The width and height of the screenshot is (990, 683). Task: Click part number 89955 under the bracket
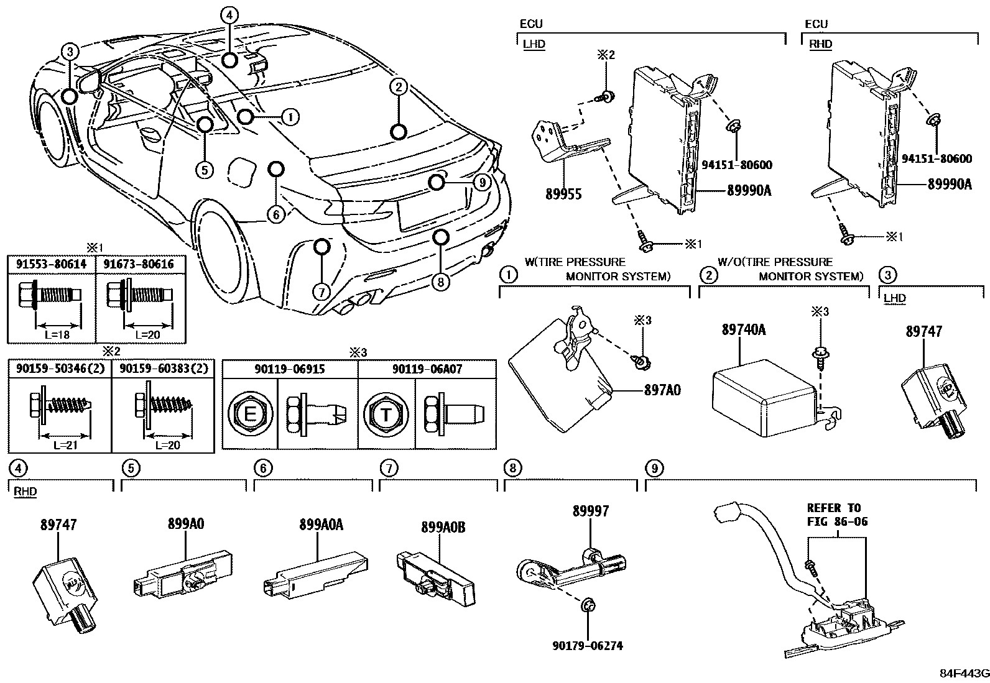(x=563, y=194)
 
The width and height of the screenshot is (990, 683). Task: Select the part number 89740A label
(x=743, y=330)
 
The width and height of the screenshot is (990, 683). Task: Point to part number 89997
(x=591, y=511)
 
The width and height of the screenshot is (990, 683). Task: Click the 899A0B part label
(x=443, y=527)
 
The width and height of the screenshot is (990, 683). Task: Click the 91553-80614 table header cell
(x=52, y=264)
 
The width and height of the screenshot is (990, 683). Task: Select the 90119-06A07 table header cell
(x=427, y=369)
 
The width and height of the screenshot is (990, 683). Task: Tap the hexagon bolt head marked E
(x=249, y=413)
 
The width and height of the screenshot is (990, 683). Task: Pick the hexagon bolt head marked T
(x=386, y=413)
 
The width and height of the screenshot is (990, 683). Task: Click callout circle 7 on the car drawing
(x=320, y=291)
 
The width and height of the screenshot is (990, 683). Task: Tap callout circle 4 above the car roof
(x=229, y=16)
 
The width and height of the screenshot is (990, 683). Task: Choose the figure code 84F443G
(x=964, y=674)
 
